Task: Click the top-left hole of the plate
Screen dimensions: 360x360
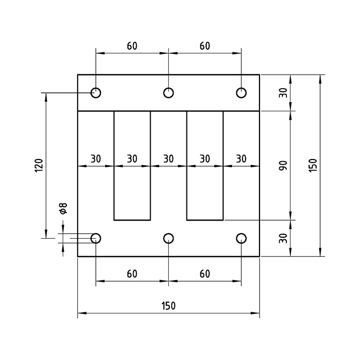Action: click(96, 93)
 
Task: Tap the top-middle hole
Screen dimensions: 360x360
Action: click(168, 93)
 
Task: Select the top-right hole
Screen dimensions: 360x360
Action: click(241, 93)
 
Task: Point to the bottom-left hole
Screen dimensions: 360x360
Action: click(96, 238)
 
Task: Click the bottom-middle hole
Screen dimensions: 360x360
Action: click(168, 238)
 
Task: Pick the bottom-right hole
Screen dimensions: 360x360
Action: click(241, 238)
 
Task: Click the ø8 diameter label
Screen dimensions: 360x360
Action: click(63, 209)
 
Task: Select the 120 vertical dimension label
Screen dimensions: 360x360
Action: click(38, 166)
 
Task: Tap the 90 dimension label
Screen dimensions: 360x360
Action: click(282, 166)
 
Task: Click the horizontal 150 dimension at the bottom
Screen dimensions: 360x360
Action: click(168, 306)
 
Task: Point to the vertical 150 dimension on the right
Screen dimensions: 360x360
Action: click(312, 166)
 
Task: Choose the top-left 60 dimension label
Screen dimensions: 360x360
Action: click(132, 46)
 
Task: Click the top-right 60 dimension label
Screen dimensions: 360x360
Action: click(205, 46)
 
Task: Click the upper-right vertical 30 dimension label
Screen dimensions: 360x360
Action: click(282, 93)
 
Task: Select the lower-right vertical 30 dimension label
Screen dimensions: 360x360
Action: click(282, 238)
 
